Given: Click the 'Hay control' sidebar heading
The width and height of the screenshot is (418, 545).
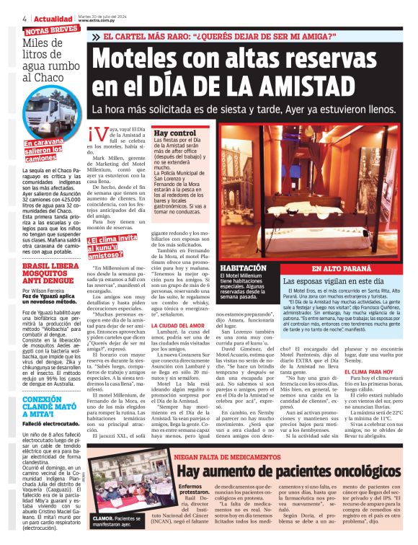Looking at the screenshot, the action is [x=174, y=133].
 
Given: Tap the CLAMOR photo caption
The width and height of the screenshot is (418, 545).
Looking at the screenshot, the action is [x=116, y=520].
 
